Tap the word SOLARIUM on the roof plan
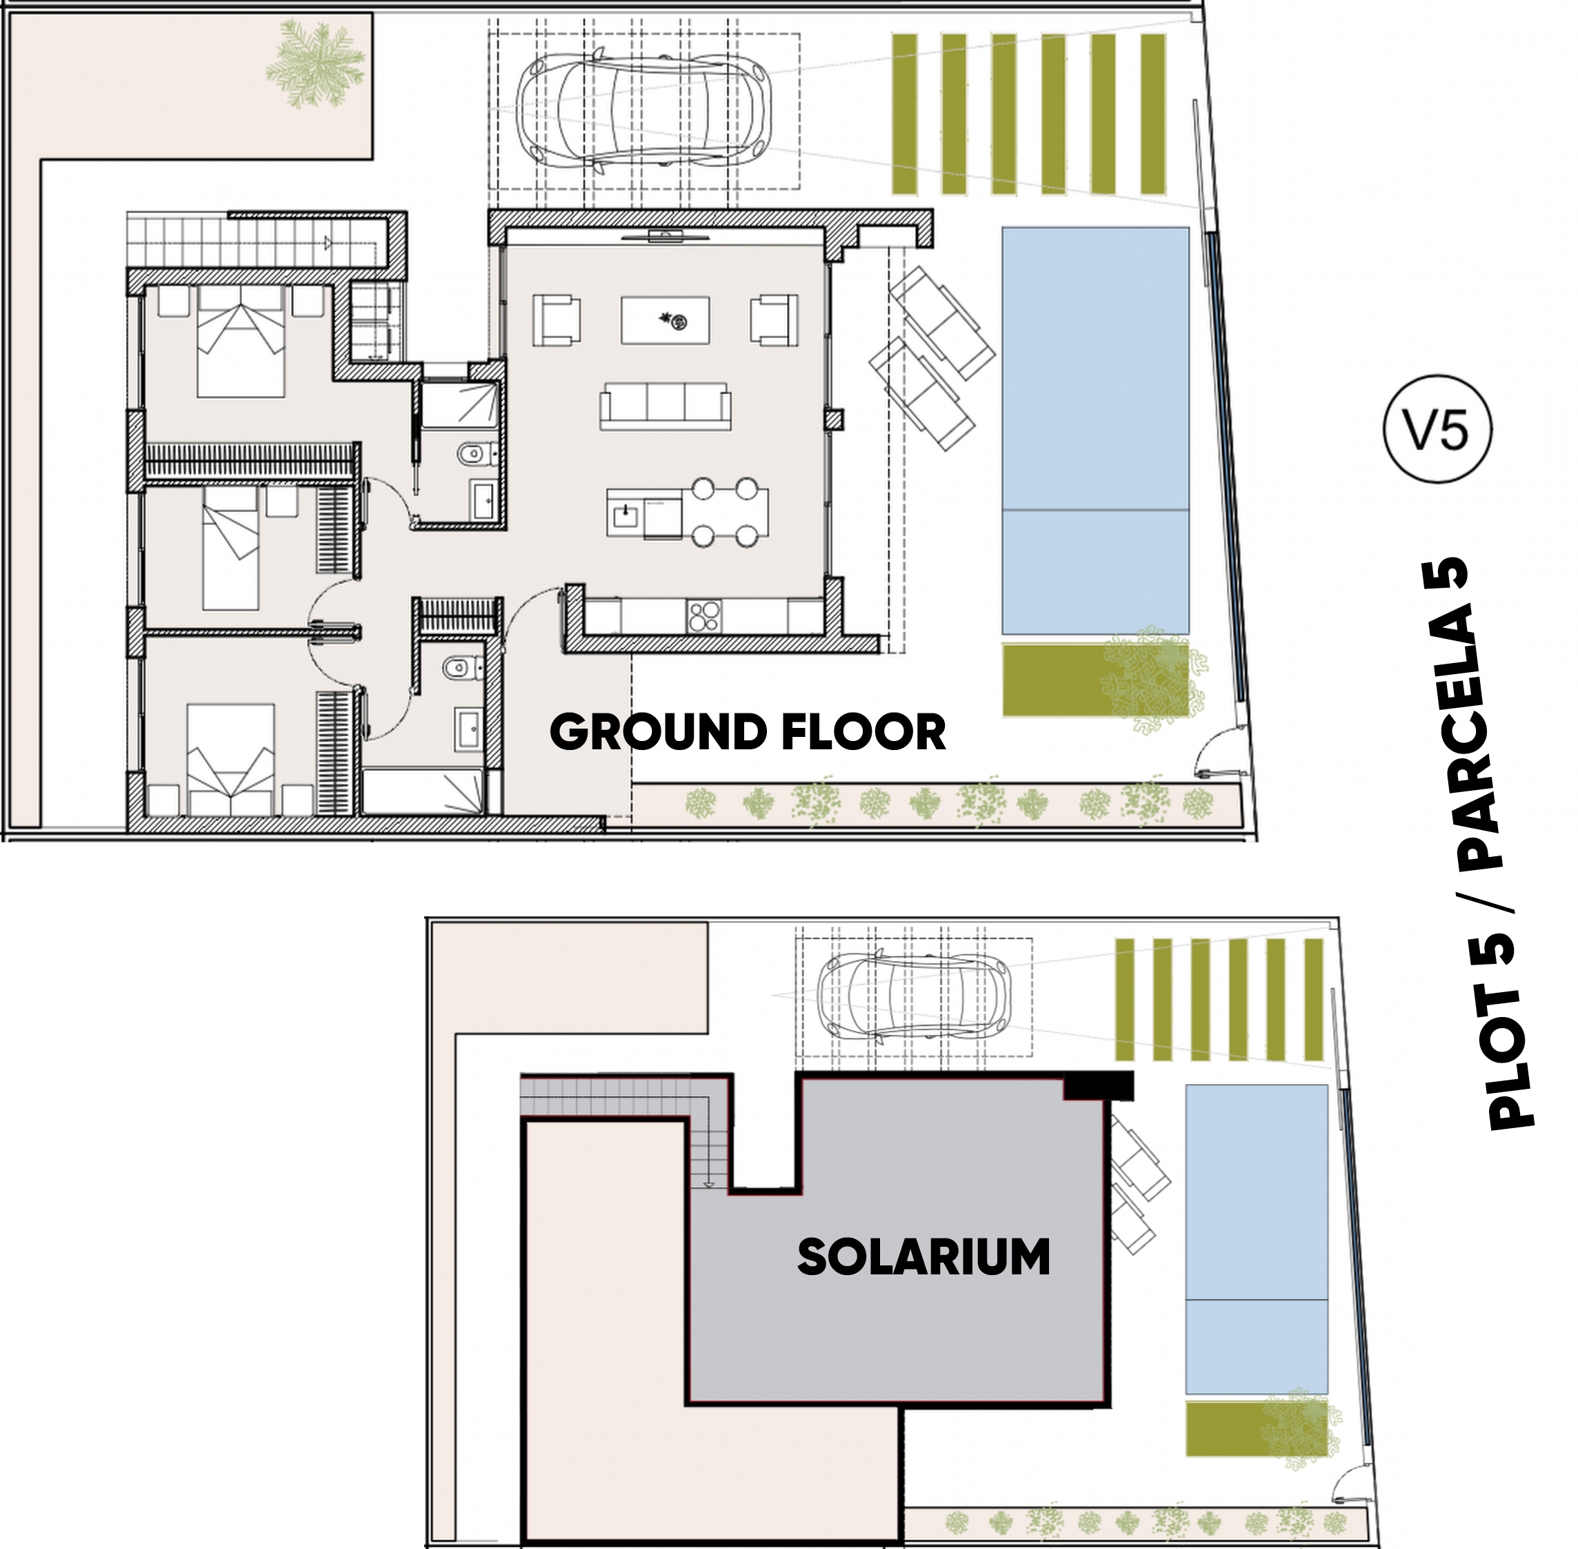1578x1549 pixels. [924, 1257]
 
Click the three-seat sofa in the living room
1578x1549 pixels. [666, 405]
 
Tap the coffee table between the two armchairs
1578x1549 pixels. [666, 321]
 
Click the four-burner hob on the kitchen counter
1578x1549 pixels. [703, 616]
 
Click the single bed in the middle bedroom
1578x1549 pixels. [231, 548]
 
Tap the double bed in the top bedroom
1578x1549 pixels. [241, 342]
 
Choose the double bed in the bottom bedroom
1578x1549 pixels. [231, 759]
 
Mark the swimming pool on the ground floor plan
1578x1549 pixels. [1095, 431]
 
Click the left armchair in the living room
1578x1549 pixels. [557, 321]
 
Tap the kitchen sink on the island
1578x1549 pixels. [626, 515]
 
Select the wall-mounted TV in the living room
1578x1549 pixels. [666, 237]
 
